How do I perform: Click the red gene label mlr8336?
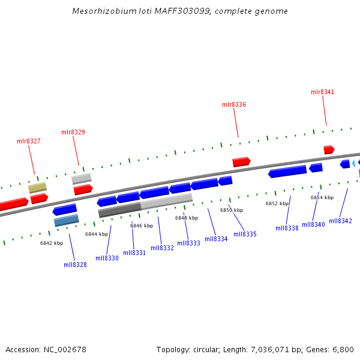(234, 104)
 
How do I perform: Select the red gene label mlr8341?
(322, 92)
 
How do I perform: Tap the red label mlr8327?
(29, 141)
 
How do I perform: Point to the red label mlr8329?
(73, 132)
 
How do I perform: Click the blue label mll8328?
(75, 265)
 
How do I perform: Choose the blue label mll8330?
(107, 258)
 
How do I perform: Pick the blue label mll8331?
(134, 253)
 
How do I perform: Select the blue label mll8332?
(162, 248)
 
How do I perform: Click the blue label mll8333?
(188, 243)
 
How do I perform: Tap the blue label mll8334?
(216, 239)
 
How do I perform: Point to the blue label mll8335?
(245, 234)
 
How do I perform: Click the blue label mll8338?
(287, 228)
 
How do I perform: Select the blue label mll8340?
(313, 224)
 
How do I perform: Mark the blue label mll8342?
(340, 221)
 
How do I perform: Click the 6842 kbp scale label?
(52, 243)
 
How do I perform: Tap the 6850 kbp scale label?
(232, 210)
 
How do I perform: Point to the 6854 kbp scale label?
(322, 197)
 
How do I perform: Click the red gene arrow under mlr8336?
(241, 161)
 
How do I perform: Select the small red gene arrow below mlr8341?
(329, 149)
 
